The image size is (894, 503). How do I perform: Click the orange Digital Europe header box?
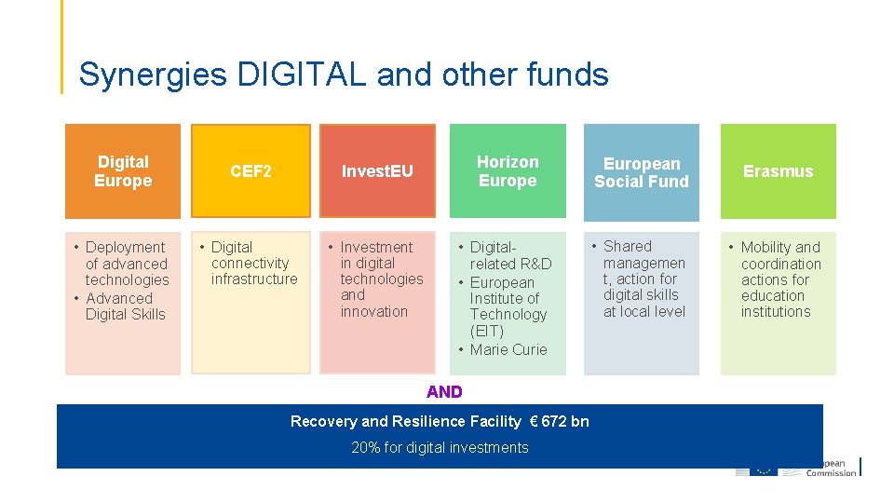tap(123, 171)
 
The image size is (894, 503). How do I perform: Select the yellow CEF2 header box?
tap(251, 171)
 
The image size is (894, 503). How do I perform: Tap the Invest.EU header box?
tap(377, 171)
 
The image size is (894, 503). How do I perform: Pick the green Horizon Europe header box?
tap(508, 171)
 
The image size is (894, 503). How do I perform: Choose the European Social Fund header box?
tap(642, 172)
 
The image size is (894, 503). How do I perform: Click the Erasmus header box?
tap(778, 171)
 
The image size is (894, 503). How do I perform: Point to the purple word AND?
tap(444, 391)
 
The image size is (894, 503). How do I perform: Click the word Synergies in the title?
tap(152, 75)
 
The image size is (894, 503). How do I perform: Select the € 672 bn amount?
tap(559, 421)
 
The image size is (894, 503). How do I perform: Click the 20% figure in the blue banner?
tap(364, 448)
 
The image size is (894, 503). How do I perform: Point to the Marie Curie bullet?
tap(508, 349)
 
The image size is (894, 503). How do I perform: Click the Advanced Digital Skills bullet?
tap(125, 306)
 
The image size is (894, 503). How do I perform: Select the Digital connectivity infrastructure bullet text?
tap(253, 263)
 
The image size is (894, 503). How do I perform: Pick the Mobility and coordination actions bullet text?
tap(780, 279)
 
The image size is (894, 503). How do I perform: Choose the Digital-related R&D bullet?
tap(510, 255)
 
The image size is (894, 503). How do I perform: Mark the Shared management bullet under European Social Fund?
tap(643, 279)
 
